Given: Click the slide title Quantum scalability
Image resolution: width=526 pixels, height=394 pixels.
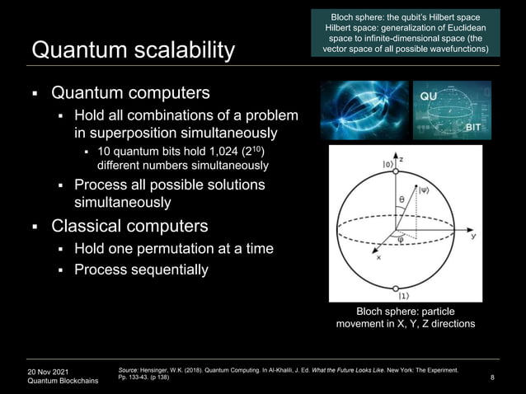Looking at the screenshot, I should tap(132, 51).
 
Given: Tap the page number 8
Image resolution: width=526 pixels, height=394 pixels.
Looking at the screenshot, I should tap(491, 378).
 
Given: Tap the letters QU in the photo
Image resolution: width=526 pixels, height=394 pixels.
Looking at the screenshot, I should tap(430, 96).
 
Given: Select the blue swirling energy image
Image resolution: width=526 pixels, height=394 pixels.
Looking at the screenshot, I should tap(364, 109).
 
